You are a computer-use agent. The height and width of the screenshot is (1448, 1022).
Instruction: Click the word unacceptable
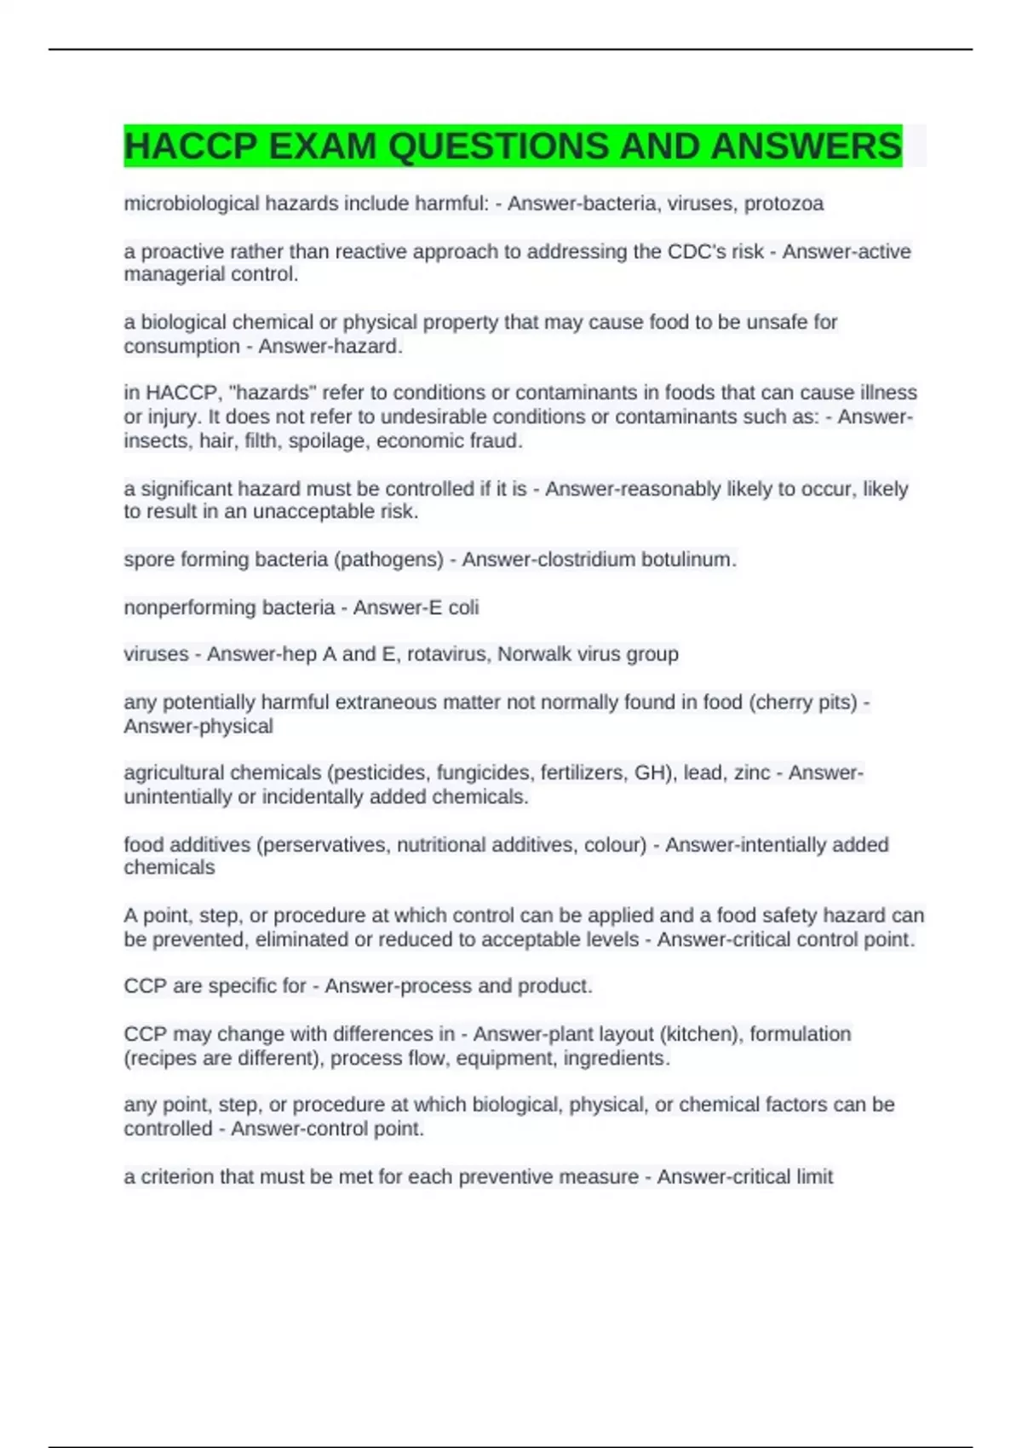click(330, 511)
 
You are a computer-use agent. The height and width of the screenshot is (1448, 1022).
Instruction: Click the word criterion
click(176, 1176)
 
